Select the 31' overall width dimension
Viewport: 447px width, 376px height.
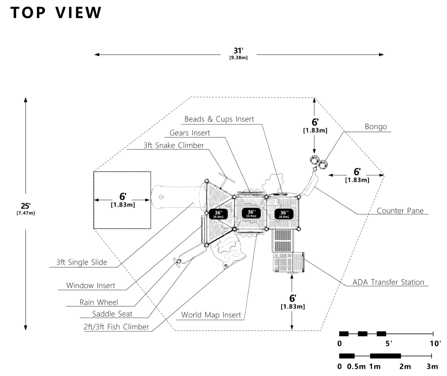[x=238, y=54]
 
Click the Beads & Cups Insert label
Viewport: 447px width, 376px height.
[x=219, y=119]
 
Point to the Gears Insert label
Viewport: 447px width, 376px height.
[x=190, y=133]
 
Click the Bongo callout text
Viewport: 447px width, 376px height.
[x=376, y=126]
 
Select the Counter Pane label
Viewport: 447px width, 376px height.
[x=400, y=210]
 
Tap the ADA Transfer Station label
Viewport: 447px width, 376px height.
[x=388, y=282]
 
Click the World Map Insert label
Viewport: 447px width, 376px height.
[x=211, y=315]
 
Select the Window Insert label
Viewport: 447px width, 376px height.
[x=90, y=286]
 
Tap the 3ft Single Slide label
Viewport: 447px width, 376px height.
[x=81, y=262]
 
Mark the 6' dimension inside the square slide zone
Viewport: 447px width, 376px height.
[x=123, y=199]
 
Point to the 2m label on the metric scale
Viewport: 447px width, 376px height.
[x=405, y=366]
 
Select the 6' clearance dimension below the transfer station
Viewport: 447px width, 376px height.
[x=292, y=301]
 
